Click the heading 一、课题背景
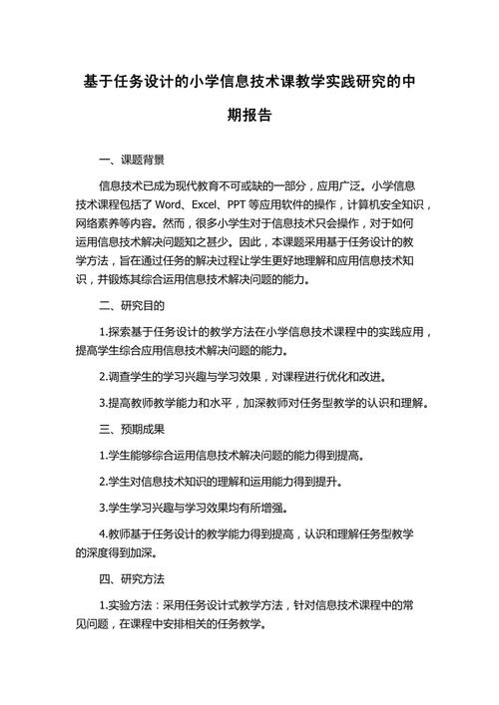133,160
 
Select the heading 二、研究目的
133,305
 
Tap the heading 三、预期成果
133,429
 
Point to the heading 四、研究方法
133,578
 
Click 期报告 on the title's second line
249,116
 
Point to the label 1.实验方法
129,604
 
